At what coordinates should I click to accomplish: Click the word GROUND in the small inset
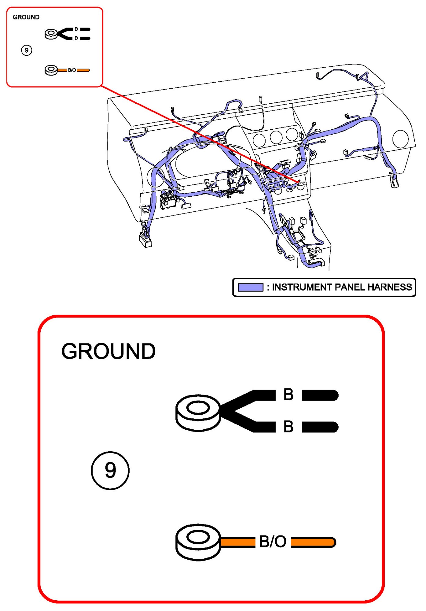[26, 17]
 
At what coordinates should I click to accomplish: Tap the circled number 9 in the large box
[110, 470]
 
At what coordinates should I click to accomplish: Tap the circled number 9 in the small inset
[27, 50]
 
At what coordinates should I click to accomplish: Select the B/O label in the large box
[273, 542]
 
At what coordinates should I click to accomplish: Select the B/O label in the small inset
[72, 70]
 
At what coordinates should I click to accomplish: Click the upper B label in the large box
[288, 394]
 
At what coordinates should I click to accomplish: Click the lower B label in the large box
[288, 426]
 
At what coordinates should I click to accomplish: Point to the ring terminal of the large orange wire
[198, 542]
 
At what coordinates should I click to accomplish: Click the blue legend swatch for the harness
[250, 287]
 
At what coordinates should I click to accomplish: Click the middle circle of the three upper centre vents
[276, 137]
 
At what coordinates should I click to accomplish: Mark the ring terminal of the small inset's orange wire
[51, 70]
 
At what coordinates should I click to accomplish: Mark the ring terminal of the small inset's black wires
[51, 34]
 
